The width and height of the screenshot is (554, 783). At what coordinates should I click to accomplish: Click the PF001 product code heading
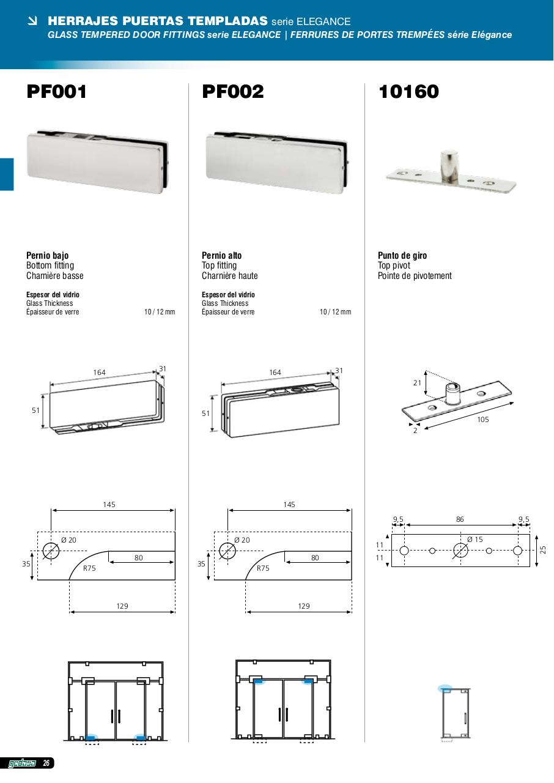coord(57,92)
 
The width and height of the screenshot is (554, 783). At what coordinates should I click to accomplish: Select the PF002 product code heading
coord(233,92)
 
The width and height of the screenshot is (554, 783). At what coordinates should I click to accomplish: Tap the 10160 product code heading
coord(408,92)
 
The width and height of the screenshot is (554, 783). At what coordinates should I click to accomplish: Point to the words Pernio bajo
coord(48,256)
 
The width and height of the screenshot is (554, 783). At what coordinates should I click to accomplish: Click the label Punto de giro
coord(402,256)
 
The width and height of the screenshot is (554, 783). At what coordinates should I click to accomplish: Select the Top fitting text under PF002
coord(220,265)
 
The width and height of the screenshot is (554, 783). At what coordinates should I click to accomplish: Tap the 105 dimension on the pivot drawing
coord(483,420)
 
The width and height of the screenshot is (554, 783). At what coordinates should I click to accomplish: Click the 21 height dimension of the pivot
coord(417,383)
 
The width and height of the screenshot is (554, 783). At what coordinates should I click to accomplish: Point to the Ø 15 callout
coord(475,540)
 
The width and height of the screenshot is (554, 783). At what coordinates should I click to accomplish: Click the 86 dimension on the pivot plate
coord(460,519)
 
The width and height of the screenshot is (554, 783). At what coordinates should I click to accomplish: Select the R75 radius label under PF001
coord(89,568)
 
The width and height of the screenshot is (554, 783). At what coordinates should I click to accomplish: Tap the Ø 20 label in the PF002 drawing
coord(242,540)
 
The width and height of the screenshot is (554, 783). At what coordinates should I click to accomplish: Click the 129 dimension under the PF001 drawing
coord(122,606)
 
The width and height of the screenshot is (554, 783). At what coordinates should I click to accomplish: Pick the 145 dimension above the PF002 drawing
coord(289,505)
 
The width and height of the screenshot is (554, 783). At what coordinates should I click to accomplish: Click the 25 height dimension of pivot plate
coord(543,550)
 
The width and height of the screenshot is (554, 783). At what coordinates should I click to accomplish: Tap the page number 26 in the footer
coord(46,763)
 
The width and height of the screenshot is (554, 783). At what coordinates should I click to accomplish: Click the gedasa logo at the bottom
coord(21,763)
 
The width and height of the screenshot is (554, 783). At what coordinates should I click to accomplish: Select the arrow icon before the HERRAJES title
coord(32,21)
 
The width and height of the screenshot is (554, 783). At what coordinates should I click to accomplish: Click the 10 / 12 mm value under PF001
coord(160,312)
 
